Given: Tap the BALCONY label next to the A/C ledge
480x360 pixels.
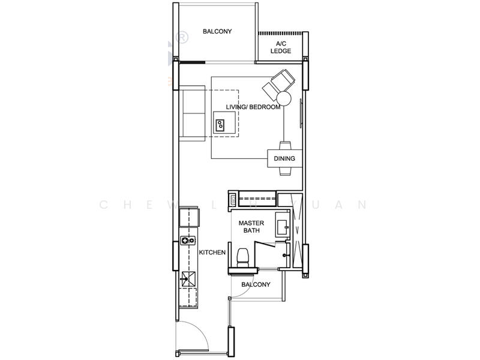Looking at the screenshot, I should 217,31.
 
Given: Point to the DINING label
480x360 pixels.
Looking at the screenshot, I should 284,159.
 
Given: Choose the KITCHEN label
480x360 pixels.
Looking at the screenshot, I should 212,253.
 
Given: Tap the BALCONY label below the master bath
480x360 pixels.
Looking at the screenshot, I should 256,284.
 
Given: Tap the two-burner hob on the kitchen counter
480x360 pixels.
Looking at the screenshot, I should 188,241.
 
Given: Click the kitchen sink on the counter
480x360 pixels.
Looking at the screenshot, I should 188,278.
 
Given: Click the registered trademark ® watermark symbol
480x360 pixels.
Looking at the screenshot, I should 181,37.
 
